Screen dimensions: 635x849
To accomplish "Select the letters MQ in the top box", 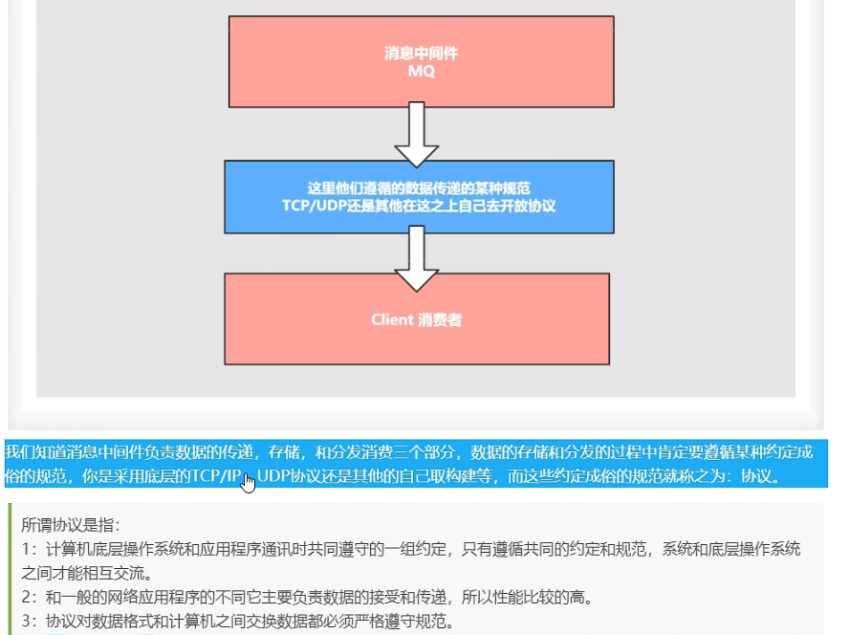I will pyautogui.click(x=421, y=71).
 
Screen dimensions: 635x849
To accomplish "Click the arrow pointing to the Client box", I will pyautogui.click(x=416, y=255).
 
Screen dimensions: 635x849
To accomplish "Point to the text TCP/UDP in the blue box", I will pyautogui.click(x=316, y=206).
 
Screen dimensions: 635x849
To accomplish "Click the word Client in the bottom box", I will pyautogui.click(x=393, y=319).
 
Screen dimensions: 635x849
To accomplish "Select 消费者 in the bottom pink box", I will pyautogui.click(x=440, y=319).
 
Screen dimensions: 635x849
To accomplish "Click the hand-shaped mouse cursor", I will pyautogui.click(x=249, y=482).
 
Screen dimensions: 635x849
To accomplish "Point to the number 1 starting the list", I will pyautogui.click(x=27, y=549).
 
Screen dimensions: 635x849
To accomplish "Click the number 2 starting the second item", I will pyautogui.click(x=27, y=598).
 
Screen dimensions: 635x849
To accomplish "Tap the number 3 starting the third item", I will pyautogui.click(x=27, y=622).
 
